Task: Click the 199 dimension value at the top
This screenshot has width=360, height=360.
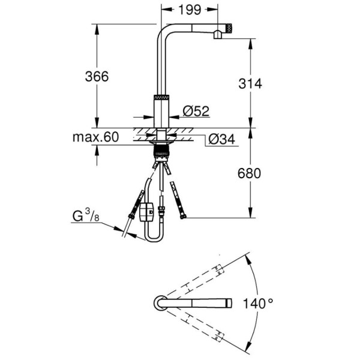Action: click(190, 10)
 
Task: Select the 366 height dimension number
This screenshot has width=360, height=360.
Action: click(97, 76)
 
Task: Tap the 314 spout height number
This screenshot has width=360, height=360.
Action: click(250, 83)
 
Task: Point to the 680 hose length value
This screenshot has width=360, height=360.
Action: click(249, 173)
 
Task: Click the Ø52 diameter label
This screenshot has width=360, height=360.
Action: click(196, 111)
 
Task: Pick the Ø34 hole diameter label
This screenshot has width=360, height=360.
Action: click(222, 139)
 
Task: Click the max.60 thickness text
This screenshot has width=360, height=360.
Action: click(96, 137)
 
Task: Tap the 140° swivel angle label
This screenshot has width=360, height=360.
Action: click(258, 303)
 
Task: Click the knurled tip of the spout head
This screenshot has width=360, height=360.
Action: click(229, 29)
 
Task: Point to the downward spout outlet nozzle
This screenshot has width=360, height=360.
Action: click(217, 35)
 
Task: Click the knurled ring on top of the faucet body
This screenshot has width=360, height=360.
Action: click(161, 97)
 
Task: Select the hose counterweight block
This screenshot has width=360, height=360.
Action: click(146, 211)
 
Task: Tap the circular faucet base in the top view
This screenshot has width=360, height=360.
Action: click(160, 303)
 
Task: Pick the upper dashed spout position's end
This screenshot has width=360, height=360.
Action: click(219, 269)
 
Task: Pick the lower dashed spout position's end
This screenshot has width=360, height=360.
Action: click(219, 337)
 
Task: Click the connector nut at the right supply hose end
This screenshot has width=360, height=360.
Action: click(183, 216)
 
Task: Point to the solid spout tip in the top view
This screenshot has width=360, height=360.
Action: click(229, 303)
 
